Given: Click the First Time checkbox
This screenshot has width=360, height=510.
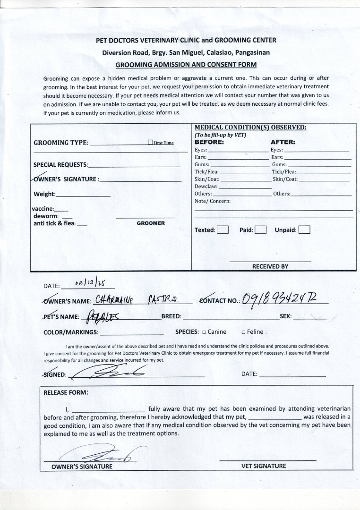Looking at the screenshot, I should click(150, 142).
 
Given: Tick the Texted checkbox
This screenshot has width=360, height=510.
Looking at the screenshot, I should click(223, 230).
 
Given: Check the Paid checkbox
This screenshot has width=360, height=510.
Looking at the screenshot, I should click(261, 230).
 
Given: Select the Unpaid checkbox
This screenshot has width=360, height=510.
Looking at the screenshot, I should click(304, 230).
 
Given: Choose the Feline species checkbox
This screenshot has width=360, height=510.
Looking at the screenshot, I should click(243, 332).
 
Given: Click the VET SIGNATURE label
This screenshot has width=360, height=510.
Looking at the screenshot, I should click(264, 466).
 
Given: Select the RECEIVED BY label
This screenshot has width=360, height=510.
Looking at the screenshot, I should click(270, 266).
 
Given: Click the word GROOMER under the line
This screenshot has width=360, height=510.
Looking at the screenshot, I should click(151, 223).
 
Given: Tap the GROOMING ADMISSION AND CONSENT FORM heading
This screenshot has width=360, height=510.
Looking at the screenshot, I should click(186, 64).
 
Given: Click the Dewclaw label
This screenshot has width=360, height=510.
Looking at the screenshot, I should click(204, 187).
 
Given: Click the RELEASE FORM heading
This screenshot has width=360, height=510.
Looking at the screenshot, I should click(66, 392).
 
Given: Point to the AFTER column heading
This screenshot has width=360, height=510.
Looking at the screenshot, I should click(283, 142).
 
